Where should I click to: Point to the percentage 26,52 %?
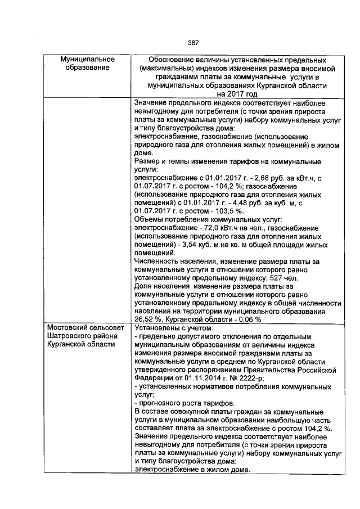tap(148, 318)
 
